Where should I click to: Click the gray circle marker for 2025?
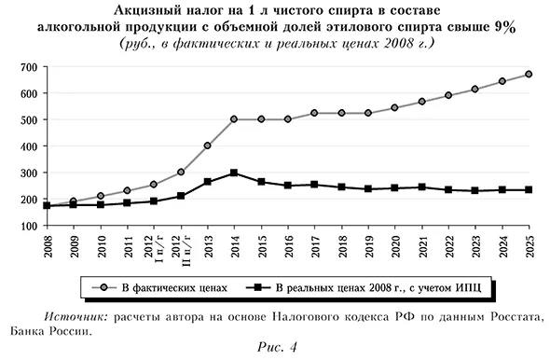[529, 74]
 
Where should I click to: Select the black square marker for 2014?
[233, 173]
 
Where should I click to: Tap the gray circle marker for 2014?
[233, 119]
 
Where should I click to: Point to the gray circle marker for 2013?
[206, 145]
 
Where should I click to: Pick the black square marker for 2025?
[529, 190]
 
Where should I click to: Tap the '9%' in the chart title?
[504, 27]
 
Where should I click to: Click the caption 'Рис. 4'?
[276, 348]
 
